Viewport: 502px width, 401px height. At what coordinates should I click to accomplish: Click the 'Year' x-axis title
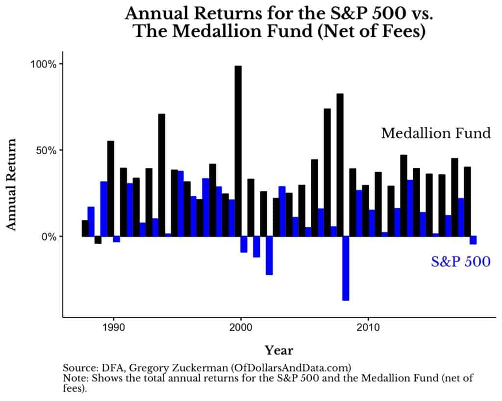(x=279, y=350)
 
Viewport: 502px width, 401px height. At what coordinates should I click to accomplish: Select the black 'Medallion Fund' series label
(x=436, y=133)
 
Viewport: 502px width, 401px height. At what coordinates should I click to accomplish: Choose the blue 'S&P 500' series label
(x=460, y=262)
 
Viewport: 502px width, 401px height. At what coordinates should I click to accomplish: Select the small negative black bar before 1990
(x=98, y=239)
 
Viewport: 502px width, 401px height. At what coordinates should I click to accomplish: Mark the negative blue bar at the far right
(x=473, y=240)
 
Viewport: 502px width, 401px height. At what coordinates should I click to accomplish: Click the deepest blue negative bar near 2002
(x=269, y=256)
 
